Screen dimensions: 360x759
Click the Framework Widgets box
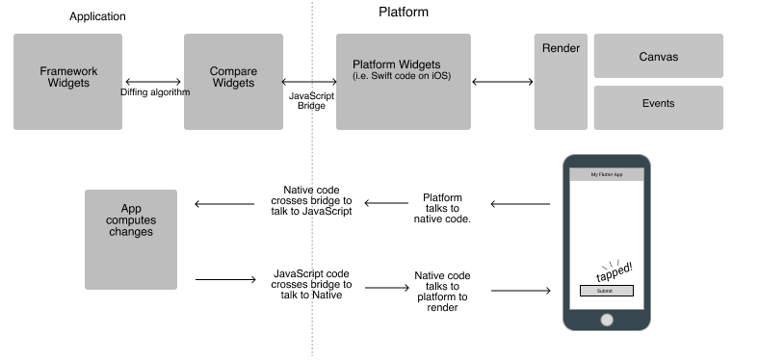pyautogui.click(x=67, y=82)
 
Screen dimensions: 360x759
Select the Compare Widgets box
pyautogui.click(x=232, y=82)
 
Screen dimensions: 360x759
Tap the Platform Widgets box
pyautogui.click(x=403, y=82)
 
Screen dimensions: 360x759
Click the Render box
pyautogui.click(x=561, y=82)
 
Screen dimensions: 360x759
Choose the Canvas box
pyautogui.click(x=658, y=57)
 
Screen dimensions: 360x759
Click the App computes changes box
pyautogui.click(x=131, y=240)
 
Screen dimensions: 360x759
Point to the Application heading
pyautogui.click(x=97, y=16)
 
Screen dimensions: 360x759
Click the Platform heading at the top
pyautogui.click(x=403, y=13)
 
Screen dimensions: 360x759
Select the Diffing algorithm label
pyautogui.click(x=154, y=92)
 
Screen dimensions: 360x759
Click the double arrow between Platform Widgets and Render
pyautogui.click(x=502, y=82)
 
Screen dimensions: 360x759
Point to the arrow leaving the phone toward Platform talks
pyautogui.click(x=520, y=203)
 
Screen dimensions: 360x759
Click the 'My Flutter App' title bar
pyautogui.click(x=606, y=175)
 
